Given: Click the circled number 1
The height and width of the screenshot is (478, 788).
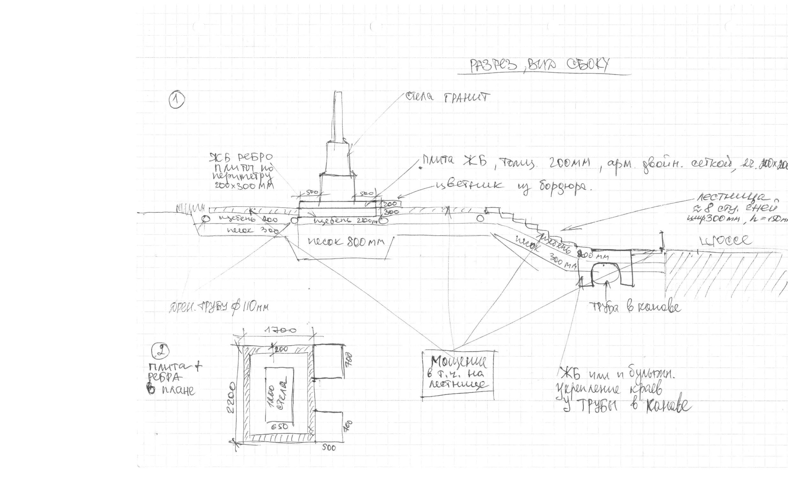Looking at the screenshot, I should pyautogui.click(x=176, y=101).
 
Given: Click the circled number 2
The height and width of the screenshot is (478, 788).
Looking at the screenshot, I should pyautogui.click(x=160, y=351).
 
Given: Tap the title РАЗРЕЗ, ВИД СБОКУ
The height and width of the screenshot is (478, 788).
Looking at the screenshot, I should pyautogui.click(x=539, y=65).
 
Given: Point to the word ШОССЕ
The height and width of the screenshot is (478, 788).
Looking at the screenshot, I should pyautogui.click(x=725, y=240).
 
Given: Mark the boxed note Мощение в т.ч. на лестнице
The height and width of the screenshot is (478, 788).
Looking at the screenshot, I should pyautogui.click(x=458, y=374).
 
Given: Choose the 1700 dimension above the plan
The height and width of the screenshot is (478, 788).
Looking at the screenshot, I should pyautogui.click(x=279, y=330).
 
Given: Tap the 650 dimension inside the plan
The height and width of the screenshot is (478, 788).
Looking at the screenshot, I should pyautogui.click(x=279, y=427).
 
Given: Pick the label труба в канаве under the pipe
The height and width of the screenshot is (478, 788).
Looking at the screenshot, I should pyautogui.click(x=635, y=307).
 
